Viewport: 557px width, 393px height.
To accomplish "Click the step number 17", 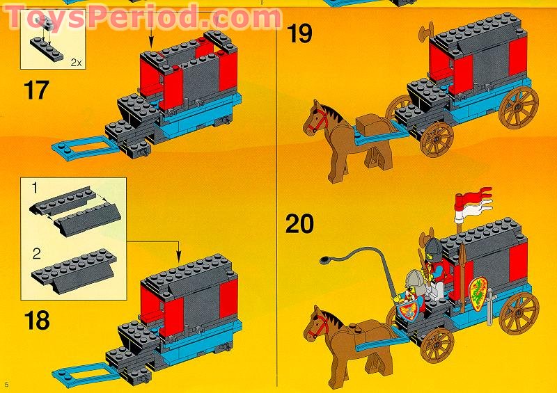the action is pyautogui.click(x=36, y=90).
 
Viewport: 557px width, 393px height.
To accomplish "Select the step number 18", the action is pyautogui.click(x=37, y=321).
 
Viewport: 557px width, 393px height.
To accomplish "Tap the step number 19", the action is pyautogui.click(x=299, y=33).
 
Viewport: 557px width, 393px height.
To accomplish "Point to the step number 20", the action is pyautogui.click(x=299, y=224).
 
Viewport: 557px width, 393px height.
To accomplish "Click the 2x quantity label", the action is pyautogui.click(x=76, y=63).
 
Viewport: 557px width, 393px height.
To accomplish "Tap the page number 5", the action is pyautogui.click(x=7, y=384).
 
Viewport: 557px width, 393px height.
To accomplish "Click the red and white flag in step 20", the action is pyautogui.click(x=473, y=200).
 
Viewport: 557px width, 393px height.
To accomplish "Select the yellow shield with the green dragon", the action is pyautogui.click(x=478, y=294).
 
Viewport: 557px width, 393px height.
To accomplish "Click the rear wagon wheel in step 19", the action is pyautogui.click(x=519, y=108).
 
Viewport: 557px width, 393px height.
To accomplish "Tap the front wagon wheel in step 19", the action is pyautogui.click(x=437, y=140).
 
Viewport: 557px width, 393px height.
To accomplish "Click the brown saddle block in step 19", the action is pyautogui.click(x=370, y=123).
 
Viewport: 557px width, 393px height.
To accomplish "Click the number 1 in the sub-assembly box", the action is pyautogui.click(x=35, y=188).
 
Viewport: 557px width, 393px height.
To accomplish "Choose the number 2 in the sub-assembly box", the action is pyautogui.click(x=37, y=254).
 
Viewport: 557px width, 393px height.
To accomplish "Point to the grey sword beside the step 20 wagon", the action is pyautogui.click(x=490, y=307).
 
